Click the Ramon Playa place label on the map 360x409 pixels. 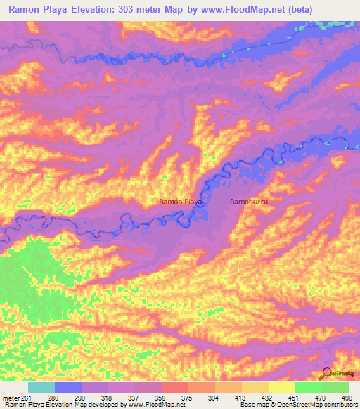point(181,202)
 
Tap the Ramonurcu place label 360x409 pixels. point(250,202)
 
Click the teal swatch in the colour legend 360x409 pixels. point(41,387)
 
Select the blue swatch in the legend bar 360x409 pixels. point(68,387)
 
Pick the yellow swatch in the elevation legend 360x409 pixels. point(282,387)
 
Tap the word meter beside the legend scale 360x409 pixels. point(11,397)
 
